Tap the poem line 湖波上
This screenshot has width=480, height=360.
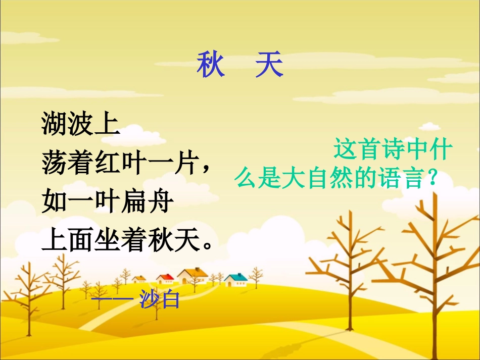[81, 124]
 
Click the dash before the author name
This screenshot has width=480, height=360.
[113, 300]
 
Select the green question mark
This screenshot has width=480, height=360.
[431, 179]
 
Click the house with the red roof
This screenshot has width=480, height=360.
[165, 279]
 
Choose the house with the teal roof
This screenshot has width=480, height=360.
[236, 279]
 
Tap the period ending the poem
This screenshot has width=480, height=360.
[205, 248]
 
